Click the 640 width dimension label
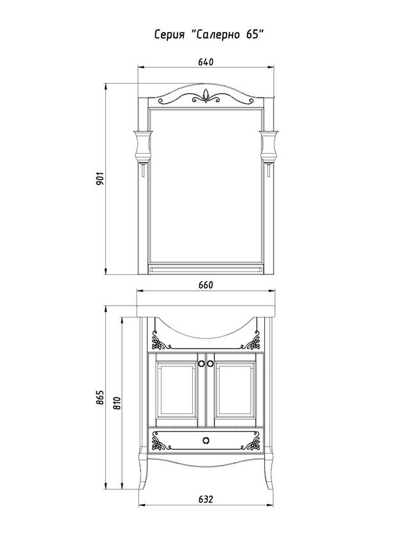point(206,62)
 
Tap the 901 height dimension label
point(100,179)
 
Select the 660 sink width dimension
point(206,285)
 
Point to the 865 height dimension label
point(100,398)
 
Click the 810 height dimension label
point(116,403)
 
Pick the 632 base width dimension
point(206,500)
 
